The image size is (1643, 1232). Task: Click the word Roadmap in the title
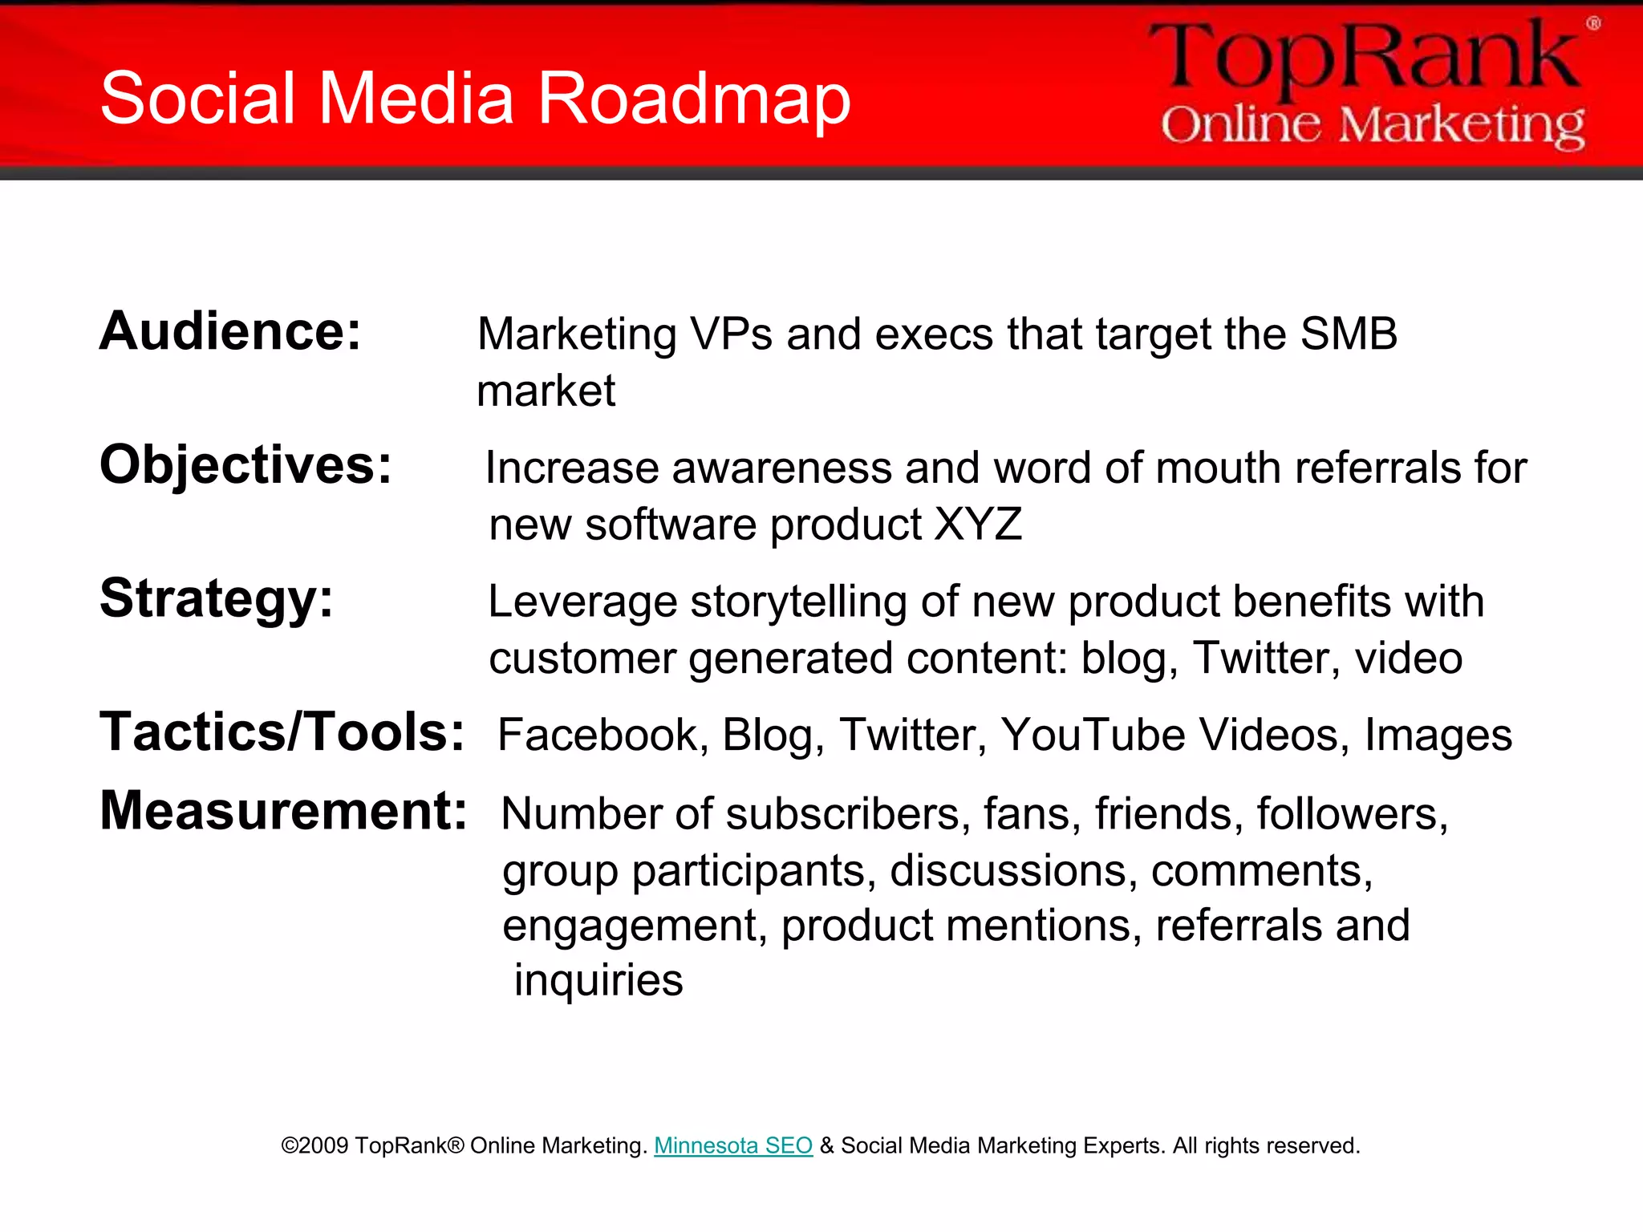(693, 99)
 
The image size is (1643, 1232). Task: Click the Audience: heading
(230, 331)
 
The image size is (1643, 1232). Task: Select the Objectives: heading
(245, 465)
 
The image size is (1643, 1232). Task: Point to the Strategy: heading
(216, 598)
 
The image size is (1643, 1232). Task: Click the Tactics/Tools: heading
(282, 732)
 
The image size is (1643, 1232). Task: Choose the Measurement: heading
(283, 811)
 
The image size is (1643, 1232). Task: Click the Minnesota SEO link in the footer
(733, 1145)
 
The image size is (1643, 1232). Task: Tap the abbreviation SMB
(1349, 334)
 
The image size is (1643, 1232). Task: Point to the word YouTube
(1093, 735)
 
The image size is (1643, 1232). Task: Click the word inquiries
(598, 980)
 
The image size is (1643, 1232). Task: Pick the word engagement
(630, 926)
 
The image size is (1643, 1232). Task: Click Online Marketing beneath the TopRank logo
(1373, 125)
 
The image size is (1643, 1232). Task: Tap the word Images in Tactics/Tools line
(1438, 735)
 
